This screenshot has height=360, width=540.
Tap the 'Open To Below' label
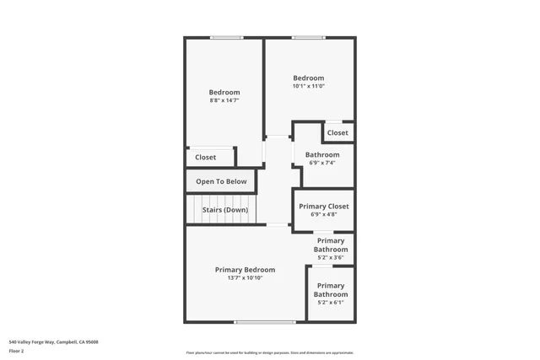tap(221, 181)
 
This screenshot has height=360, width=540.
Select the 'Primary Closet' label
tap(324, 206)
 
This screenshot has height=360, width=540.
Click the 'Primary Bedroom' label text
tap(245, 270)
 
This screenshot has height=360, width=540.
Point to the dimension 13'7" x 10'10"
tap(245, 278)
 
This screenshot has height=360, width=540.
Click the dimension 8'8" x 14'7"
tap(224, 101)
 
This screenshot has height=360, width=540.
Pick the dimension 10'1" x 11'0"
tap(308, 86)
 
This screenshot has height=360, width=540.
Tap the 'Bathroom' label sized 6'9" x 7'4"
tap(322, 155)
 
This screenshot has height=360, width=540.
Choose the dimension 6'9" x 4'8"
tap(324, 214)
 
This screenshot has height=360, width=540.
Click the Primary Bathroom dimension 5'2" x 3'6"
tap(331, 258)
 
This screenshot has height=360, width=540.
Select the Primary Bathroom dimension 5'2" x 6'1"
tap(331, 303)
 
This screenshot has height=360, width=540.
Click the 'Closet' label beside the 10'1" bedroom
tap(337, 132)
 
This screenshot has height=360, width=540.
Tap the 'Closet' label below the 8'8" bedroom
tap(205, 157)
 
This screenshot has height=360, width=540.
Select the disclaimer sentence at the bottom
tap(269, 352)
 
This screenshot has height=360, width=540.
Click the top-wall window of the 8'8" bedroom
tap(227, 37)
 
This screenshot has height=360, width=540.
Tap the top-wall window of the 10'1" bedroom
tap(308, 37)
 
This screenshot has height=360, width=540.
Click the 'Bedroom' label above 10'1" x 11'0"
tap(308, 78)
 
